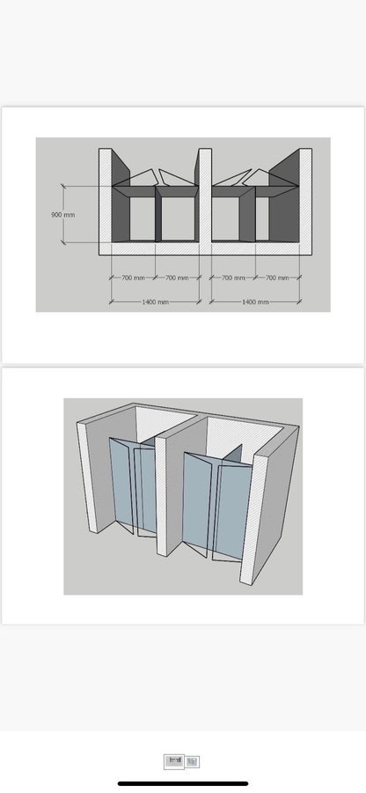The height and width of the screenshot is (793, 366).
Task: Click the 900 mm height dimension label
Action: (x=63, y=214)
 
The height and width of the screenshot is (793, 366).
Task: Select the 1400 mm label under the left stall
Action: (x=155, y=302)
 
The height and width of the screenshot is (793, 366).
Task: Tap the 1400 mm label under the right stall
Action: (x=255, y=302)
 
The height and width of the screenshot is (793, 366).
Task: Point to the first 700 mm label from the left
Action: (x=133, y=278)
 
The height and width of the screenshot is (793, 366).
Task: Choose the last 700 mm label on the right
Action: (x=277, y=278)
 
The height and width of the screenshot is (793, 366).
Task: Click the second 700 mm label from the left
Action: (x=177, y=278)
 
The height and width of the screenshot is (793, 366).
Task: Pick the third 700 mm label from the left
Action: (x=233, y=278)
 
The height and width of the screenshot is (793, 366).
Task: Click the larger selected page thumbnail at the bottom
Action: (x=174, y=760)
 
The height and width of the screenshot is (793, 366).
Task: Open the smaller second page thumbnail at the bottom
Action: (x=193, y=761)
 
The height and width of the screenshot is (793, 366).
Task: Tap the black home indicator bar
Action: (x=183, y=784)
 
